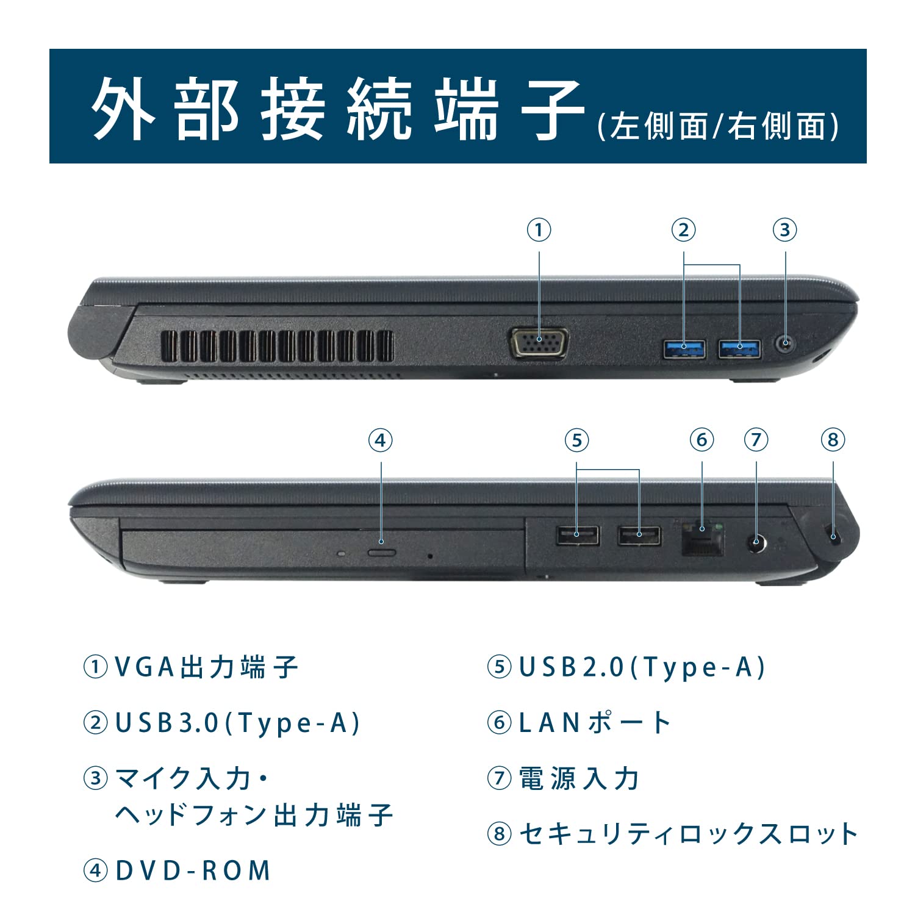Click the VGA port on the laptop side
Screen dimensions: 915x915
[539, 343]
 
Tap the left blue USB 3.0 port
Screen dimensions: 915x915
[684, 349]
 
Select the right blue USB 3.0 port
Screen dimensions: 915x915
[739, 349]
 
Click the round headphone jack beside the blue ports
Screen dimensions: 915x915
[785, 345]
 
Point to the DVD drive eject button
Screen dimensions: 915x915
[382, 553]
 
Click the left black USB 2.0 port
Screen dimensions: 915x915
[577, 536]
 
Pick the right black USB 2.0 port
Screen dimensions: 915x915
[639, 536]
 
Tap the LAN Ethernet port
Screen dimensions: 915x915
[703, 538]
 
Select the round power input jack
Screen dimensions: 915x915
[757, 542]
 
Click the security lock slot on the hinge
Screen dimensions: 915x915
[833, 535]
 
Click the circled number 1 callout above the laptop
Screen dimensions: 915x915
[539, 230]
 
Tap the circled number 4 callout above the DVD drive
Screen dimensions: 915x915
[380, 440]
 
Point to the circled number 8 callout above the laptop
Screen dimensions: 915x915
[833, 440]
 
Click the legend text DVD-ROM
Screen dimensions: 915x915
[193, 870]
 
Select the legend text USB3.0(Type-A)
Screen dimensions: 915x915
[238, 723]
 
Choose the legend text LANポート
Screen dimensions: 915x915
[594, 723]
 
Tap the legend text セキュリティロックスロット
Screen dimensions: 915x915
[688, 834]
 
